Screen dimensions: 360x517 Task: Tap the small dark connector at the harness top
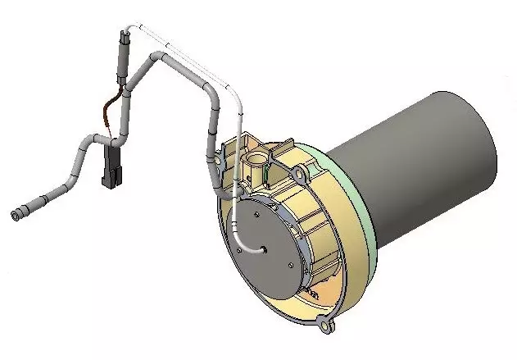pos(124,37)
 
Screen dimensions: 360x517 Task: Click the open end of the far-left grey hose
pos(15,215)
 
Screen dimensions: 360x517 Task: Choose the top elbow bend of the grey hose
pos(156,56)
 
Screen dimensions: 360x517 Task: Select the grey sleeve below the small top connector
pos(125,62)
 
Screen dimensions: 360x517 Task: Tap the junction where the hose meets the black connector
pos(110,145)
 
